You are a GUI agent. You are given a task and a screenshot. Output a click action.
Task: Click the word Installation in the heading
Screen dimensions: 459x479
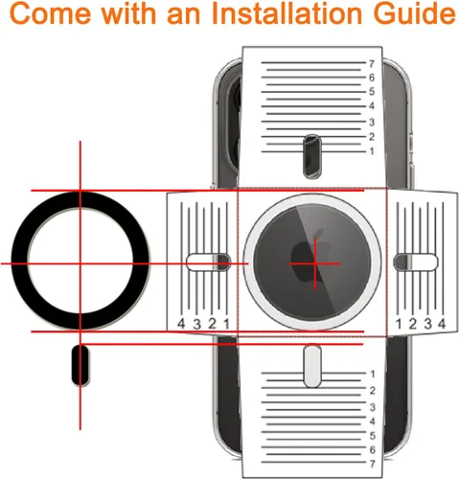(x=287, y=14)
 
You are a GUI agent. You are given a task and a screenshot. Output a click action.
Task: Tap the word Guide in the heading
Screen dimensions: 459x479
(x=414, y=14)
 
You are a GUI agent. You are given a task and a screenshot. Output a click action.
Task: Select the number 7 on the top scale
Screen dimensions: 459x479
(x=371, y=64)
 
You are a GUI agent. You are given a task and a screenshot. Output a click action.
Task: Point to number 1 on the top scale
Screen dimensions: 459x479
(x=372, y=151)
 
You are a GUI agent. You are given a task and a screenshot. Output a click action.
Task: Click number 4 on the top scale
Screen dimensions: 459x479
(x=372, y=105)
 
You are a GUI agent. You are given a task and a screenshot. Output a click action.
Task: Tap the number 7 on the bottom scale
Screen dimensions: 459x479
(x=372, y=464)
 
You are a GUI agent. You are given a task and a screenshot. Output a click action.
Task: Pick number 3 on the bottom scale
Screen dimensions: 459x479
(x=372, y=407)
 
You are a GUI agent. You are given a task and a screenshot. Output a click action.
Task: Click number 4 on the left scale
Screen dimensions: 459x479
(x=181, y=324)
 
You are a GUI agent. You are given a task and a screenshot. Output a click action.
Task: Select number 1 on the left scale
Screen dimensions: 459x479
(x=226, y=324)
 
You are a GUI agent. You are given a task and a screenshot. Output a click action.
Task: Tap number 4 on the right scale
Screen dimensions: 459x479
(x=442, y=324)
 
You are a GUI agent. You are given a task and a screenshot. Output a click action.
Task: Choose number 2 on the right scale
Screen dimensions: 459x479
(x=413, y=324)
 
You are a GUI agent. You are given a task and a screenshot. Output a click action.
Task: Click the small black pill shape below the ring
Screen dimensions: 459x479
(x=80, y=365)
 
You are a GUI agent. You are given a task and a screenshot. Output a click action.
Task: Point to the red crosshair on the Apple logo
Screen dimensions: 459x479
(x=315, y=263)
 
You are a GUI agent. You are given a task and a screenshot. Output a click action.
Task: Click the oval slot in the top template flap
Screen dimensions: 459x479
(x=312, y=156)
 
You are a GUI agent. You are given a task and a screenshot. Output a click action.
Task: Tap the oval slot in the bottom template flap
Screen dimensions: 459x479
(x=312, y=366)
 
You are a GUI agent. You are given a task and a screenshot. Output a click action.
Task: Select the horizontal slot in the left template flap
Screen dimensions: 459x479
(x=208, y=262)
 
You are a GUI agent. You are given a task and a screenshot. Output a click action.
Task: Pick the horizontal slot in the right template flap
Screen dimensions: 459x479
(x=416, y=262)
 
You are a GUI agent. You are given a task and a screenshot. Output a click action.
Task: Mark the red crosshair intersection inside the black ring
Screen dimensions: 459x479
(x=80, y=263)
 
